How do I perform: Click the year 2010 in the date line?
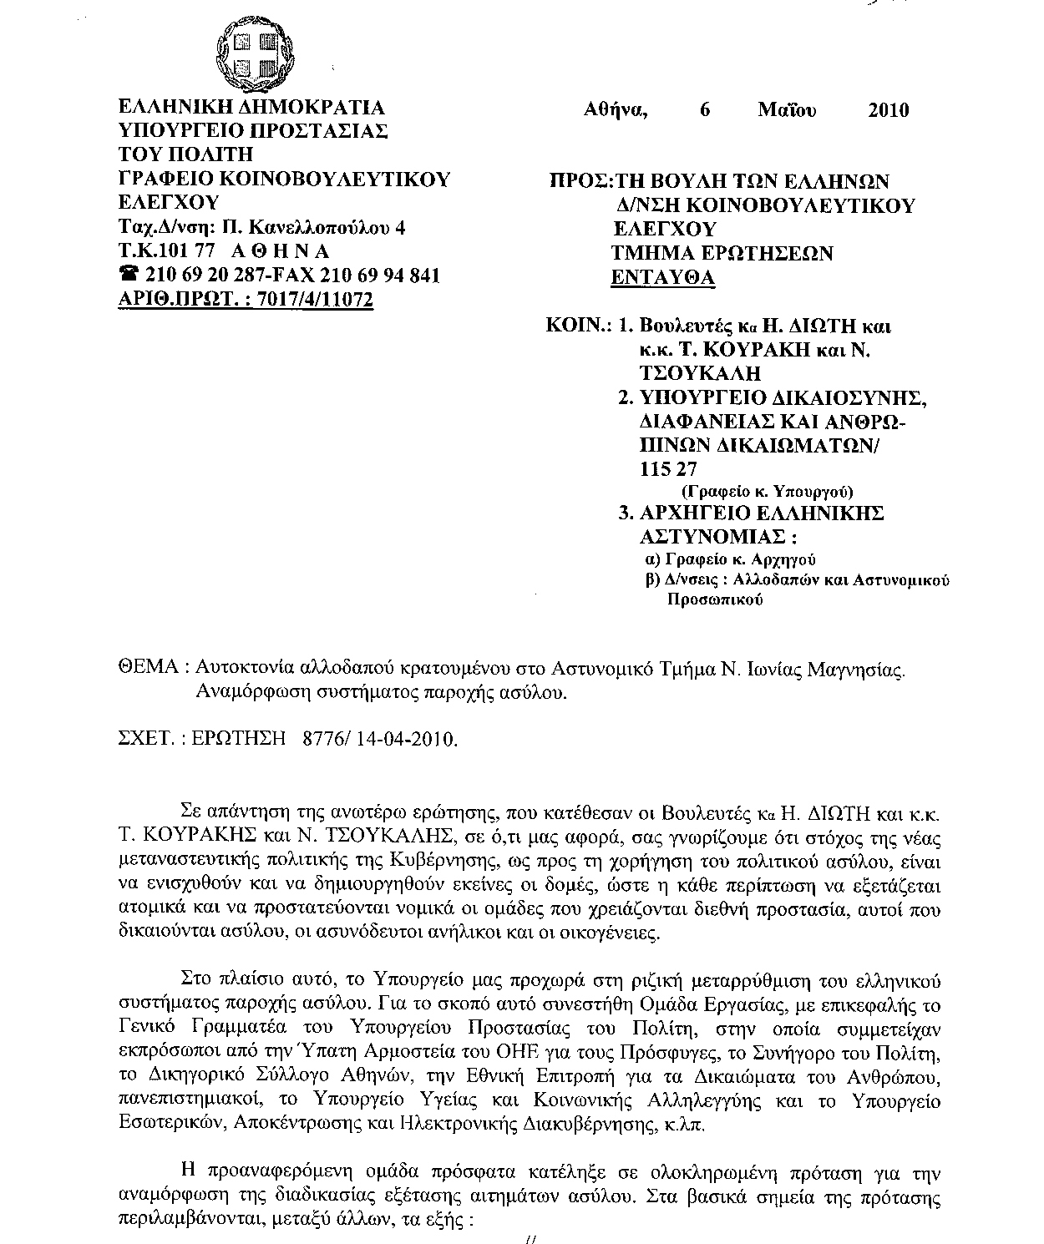tap(888, 110)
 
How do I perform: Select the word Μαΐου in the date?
tap(787, 110)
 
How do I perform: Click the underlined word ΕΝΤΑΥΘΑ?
tap(664, 277)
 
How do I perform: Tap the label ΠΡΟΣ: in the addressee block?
tap(580, 181)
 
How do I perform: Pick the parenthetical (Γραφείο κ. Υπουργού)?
tap(768, 491)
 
